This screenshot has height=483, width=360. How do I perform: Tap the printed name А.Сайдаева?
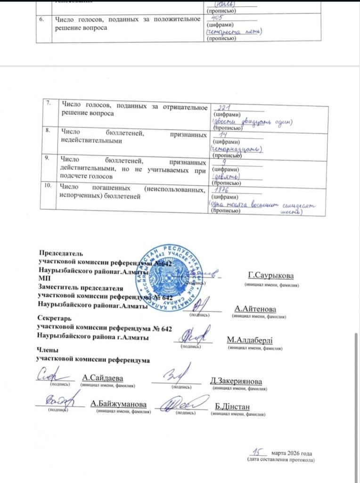102,377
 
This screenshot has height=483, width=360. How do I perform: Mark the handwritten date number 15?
257,451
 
